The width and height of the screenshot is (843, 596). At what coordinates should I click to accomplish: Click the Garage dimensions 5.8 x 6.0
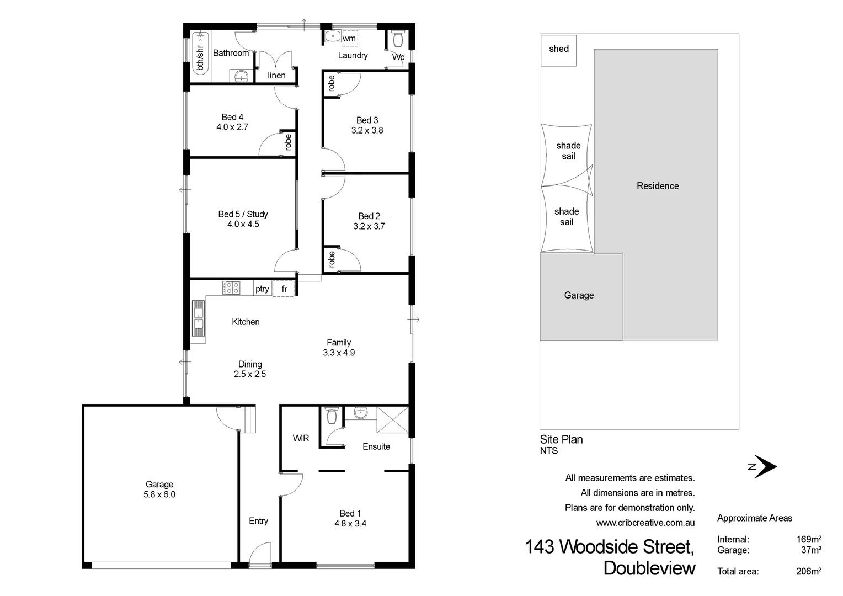(159, 494)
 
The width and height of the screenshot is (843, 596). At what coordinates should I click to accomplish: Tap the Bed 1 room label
(350, 513)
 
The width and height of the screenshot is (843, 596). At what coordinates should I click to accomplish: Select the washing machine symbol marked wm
(349, 38)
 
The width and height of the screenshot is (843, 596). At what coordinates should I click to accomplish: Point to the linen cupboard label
(276, 75)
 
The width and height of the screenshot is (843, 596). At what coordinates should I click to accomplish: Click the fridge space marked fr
(284, 289)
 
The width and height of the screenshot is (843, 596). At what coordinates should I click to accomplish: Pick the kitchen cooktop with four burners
(231, 288)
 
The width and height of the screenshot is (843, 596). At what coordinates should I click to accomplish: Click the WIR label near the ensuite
(301, 438)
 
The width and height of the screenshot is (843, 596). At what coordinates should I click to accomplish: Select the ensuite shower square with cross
(392, 420)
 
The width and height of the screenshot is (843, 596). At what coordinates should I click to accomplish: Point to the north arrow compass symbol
(764, 466)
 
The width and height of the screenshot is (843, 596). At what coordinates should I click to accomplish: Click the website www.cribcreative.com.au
(645, 523)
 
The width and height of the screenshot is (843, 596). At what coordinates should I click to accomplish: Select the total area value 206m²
(808, 571)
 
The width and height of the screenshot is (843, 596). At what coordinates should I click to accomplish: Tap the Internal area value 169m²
(808, 539)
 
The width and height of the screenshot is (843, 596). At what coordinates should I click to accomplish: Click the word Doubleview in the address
(649, 568)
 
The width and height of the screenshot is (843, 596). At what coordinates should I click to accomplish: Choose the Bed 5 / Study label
(243, 214)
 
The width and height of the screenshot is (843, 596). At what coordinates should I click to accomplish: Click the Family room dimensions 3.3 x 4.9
(339, 353)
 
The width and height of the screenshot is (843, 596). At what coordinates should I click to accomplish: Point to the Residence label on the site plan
(658, 186)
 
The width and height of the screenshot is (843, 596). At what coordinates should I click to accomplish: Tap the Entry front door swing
(260, 554)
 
